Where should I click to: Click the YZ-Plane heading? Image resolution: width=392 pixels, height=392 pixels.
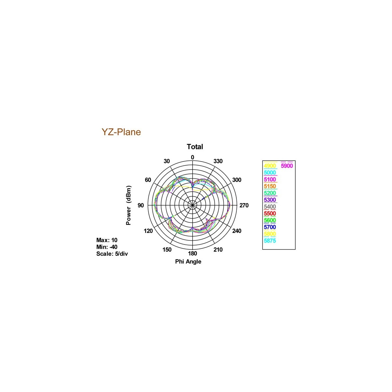[121, 132]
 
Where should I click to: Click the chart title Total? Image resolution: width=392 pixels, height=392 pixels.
[195, 147]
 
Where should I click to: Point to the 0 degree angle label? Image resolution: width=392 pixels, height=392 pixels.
[193, 157]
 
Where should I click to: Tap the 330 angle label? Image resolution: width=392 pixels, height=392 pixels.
[218, 161]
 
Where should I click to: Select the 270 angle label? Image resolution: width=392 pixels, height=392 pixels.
[244, 205]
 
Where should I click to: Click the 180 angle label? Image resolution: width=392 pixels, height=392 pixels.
[193, 253]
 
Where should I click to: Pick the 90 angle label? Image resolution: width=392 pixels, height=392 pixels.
[141, 205]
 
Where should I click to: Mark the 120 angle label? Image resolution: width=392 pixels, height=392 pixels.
[148, 231]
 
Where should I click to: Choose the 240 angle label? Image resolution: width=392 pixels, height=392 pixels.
[237, 231]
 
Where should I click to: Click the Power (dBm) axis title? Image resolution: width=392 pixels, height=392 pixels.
[128, 205]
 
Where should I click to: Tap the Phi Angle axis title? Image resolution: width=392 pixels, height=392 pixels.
[188, 262]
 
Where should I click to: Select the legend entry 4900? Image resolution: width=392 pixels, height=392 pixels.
[270, 166]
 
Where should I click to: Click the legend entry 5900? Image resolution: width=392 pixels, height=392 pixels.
[287, 166]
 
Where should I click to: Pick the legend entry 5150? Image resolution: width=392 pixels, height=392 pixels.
[270, 186]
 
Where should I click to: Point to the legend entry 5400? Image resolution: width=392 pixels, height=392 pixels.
[270, 207]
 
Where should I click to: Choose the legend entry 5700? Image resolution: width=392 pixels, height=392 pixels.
[270, 227]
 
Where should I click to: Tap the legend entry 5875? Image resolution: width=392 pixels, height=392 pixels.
[270, 241]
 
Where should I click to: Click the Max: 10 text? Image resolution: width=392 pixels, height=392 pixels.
[107, 240]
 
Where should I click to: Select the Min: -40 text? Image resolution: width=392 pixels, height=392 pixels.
[107, 247]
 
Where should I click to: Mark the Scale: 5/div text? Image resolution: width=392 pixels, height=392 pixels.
[112, 254]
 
